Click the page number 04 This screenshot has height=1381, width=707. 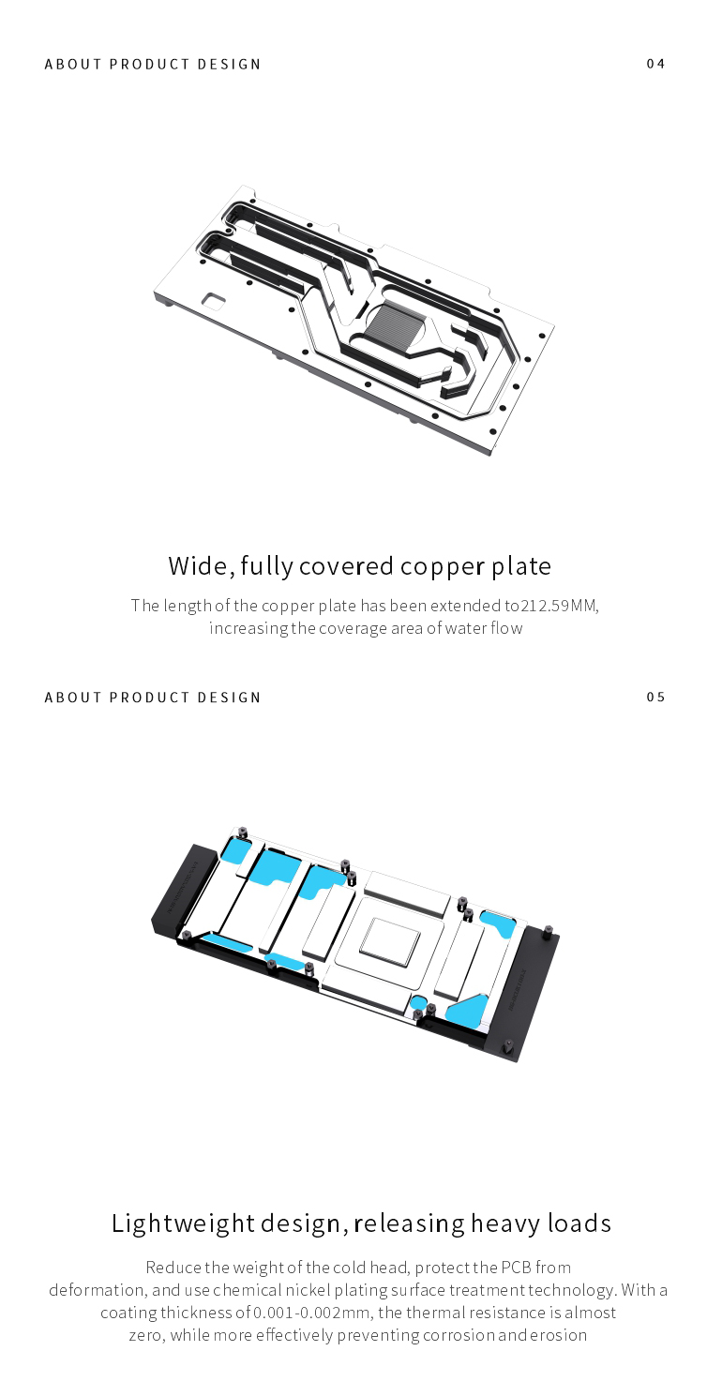[x=655, y=64]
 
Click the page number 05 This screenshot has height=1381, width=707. [x=655, y=697]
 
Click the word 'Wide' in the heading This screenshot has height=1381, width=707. [x=200, y=566]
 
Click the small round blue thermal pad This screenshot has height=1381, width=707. [x=417, y=1000]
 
